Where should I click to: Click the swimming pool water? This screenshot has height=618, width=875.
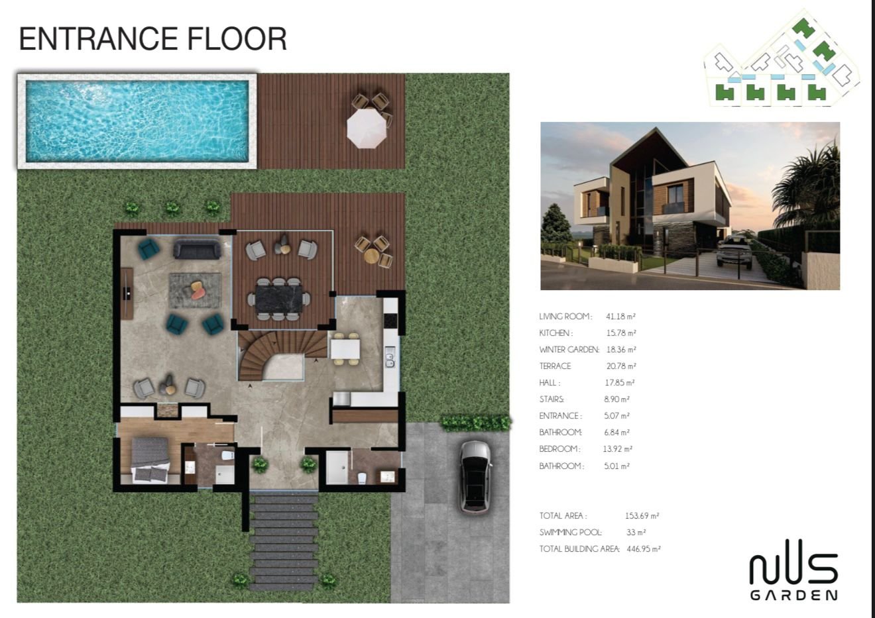[137, 121]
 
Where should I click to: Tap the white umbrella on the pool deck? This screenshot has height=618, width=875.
[367, 128]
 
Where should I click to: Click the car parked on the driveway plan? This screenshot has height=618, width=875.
[475, 476]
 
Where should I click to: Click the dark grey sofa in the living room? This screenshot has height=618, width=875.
[197, 249]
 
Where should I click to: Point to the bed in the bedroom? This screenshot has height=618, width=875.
[150, 460]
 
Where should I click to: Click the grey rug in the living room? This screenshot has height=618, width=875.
[196, 291]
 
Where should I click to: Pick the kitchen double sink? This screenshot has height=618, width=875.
[390, 359]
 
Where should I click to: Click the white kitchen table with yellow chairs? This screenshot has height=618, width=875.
[345, 348]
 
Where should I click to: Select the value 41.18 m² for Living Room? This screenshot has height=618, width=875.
[620, 317]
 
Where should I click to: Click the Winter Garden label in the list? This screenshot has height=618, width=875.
[569, 350]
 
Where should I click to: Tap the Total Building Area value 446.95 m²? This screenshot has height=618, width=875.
[644, 549]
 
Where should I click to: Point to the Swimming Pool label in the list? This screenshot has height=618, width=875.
[570, 533]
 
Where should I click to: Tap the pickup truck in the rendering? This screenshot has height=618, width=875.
[734, 251]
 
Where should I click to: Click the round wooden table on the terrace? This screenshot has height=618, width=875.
[371, 256]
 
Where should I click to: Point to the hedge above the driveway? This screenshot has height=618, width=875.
[476, 423]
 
